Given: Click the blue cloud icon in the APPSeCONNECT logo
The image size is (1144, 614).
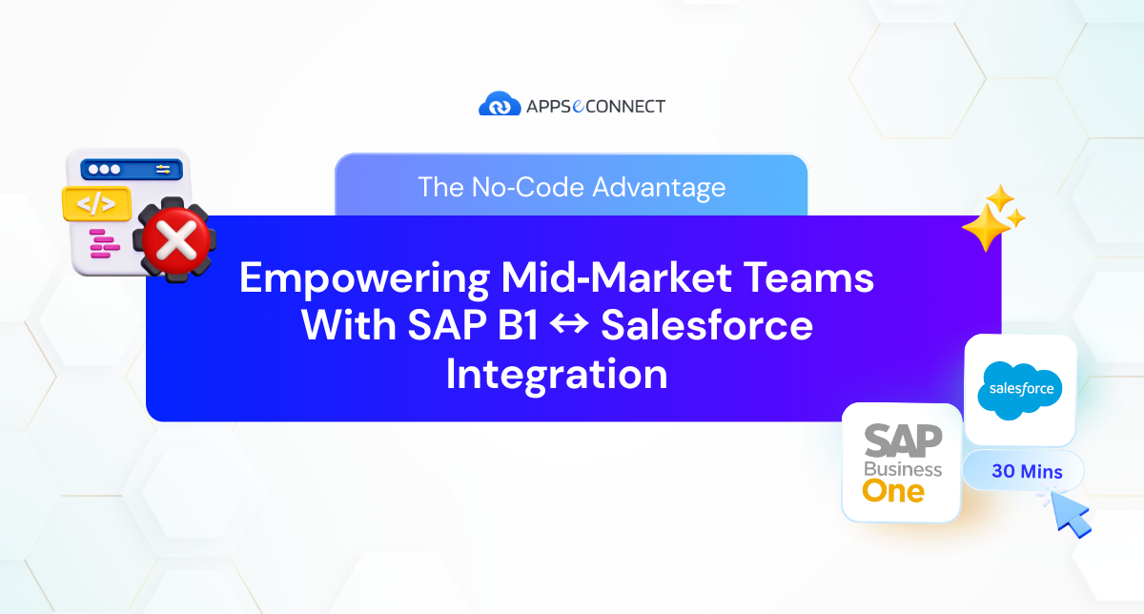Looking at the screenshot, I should click(499, 105).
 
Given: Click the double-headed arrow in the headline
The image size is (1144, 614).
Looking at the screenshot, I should click(570, 327).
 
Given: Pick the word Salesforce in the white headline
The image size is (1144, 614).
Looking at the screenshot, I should click(707, 326).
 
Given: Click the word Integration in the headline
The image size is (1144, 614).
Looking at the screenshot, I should click(557, 374).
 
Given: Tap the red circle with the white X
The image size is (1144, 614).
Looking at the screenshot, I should click(175, 241).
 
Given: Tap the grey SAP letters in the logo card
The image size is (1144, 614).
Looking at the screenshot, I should click(902, 441).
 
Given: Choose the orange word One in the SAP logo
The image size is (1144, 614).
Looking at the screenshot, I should click(892, 490).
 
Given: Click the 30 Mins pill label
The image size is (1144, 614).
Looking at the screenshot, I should click(1026, 471).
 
